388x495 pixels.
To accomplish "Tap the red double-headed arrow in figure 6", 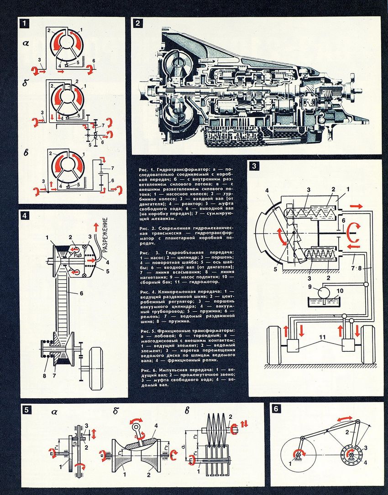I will [x=345, y=419].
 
